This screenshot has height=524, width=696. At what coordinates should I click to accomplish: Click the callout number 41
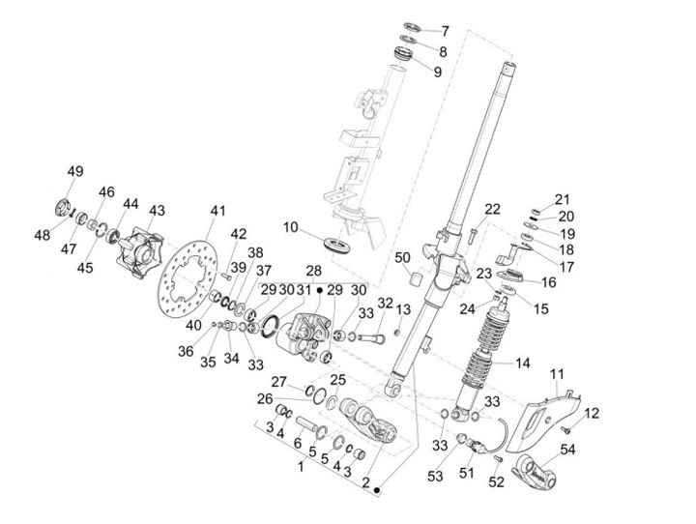pyautogui.click(x=217, y=210)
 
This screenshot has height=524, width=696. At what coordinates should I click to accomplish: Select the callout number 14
pyautogui.click(x=523, y=364)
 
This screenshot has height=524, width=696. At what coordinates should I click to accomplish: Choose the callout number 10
pyautogui.click(x=289, y=227)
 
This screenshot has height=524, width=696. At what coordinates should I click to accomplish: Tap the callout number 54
pyautogui.click(x=567, y=449)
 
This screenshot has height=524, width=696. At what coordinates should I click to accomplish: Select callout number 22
pyautogui.click(x=492, y=208)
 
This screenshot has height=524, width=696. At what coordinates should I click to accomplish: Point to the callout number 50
pyautogui.click(x=403, y=257)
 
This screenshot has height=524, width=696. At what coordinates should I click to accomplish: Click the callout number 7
pyautogui.click(x=445, y=31)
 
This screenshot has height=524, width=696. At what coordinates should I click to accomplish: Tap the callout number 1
pyautogui.click(x=301, y=467)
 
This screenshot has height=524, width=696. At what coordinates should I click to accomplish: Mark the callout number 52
pyautogui.click(x=496, y=480)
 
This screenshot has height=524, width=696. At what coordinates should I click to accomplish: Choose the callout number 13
pyautogui.click(x=403, y=308)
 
